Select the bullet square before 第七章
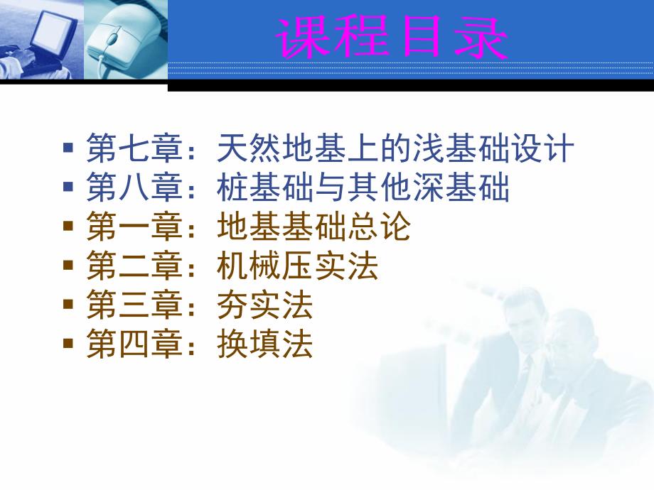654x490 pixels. tap(68, 149)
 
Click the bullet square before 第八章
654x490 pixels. tap(68, 187)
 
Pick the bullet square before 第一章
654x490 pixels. tap(68, 227)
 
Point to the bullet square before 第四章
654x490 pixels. tap(68, 344)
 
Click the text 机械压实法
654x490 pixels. tap(298, 268)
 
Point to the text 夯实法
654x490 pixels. tap(265, 307)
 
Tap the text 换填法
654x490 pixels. tap(265, 346)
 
